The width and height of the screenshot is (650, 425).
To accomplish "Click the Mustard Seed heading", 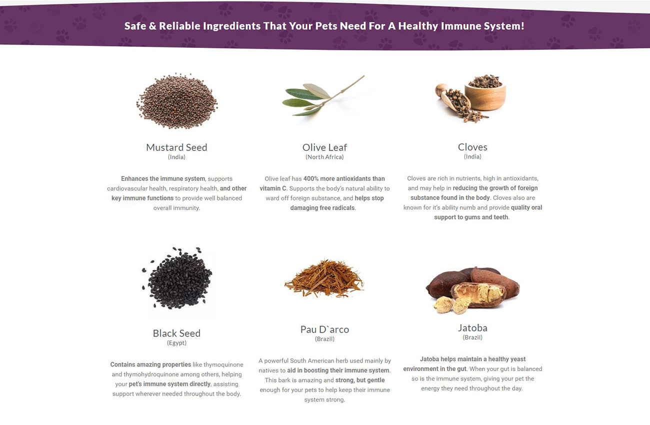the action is point(176,147).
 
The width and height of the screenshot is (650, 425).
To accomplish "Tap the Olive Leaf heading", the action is point(324,147).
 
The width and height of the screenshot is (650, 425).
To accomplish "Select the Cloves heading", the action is point(472,147).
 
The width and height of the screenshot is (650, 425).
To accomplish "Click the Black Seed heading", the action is point(176,333).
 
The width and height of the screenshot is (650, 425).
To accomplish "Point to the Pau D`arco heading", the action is point(324,329).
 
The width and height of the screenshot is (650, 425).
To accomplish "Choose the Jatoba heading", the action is point(472,328).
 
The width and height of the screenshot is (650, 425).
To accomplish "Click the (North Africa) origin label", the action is point(324,157).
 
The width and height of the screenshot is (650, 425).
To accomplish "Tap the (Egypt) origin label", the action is point(176,343).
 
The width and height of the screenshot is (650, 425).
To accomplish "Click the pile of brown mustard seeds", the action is point(177,101).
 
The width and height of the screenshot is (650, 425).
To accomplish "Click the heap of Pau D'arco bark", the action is point(324,279).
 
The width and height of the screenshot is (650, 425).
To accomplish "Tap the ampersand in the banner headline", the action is point(152,26).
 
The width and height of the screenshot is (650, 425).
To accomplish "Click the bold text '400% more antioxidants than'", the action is point(344,179).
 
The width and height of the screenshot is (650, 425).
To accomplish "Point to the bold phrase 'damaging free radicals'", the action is point(322,208).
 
